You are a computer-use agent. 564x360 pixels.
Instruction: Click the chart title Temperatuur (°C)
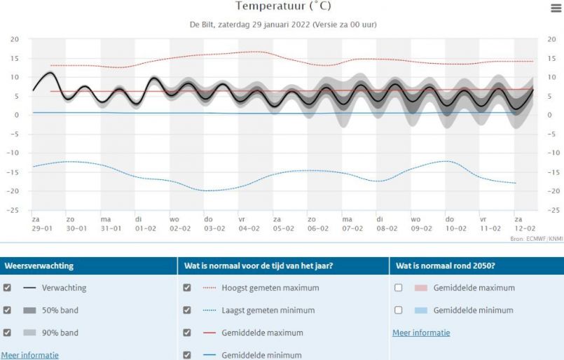click(282, 6)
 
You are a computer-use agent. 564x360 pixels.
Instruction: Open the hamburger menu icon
click(556, 7)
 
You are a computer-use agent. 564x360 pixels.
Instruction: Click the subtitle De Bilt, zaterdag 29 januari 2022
click(283, 25)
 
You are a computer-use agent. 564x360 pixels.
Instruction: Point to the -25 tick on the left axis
click(14, 209)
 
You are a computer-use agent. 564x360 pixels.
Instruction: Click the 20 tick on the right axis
click(550, 39)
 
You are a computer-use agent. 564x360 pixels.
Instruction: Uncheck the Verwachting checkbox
click(7, 288)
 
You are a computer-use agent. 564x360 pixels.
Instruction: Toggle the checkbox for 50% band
click(7, 310)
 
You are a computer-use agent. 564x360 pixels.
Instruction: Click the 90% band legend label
click(60, 333)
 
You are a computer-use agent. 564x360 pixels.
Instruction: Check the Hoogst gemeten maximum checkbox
click(187, 288)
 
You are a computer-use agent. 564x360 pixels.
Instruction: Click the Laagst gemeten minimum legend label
click(268, 310)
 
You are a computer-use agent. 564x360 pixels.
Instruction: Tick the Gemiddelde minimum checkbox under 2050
click(398, 310)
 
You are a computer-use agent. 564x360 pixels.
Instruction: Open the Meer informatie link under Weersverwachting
click(29, 355)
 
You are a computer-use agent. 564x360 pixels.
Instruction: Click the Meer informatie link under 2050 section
click(421, 333)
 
